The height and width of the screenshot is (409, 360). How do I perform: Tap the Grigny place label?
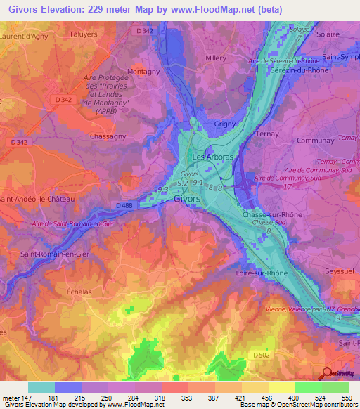pyautogui.click(x=224, y=124)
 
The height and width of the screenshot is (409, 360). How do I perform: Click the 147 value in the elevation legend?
pyautogui.click(x=27, y=397)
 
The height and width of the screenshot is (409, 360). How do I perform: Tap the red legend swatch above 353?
pyautogui.click(x=175, y=387)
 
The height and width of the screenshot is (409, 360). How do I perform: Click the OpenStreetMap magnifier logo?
pyautogui.click(x=328, y=372)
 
